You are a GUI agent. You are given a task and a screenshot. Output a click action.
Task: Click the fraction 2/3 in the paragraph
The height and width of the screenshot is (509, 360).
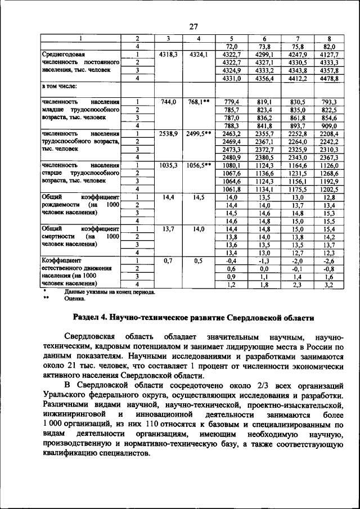click(x=250, y=385)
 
